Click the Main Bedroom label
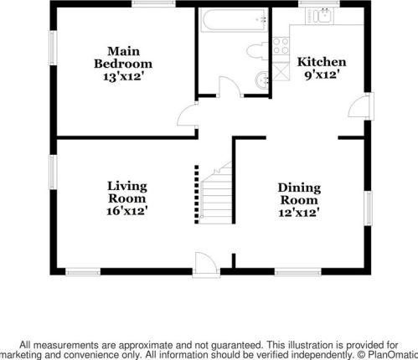123,58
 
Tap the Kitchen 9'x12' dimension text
323,75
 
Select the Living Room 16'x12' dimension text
127,211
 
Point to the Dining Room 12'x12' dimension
299,213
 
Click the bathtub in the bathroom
234,20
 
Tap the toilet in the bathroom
257,51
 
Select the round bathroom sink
261,80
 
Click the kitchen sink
320,16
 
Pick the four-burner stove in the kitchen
281,46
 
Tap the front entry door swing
206,265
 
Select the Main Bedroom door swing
188,116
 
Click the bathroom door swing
230,86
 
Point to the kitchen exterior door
361,107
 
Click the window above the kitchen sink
319,3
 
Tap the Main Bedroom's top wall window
153,3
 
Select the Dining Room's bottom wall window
298,271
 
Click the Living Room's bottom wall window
83,271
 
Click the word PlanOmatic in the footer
393,355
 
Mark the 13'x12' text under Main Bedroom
124,76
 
